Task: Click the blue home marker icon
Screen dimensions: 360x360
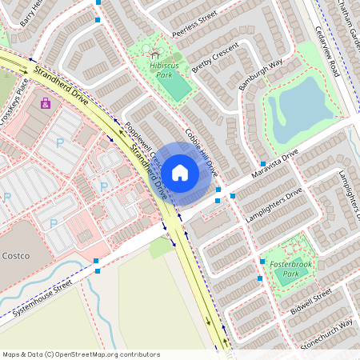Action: coord(180,172)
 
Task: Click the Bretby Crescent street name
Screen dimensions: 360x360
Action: coord(215,58)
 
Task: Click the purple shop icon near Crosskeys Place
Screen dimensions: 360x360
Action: coord(46,103)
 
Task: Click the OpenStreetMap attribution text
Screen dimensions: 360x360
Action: coord(80,354)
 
